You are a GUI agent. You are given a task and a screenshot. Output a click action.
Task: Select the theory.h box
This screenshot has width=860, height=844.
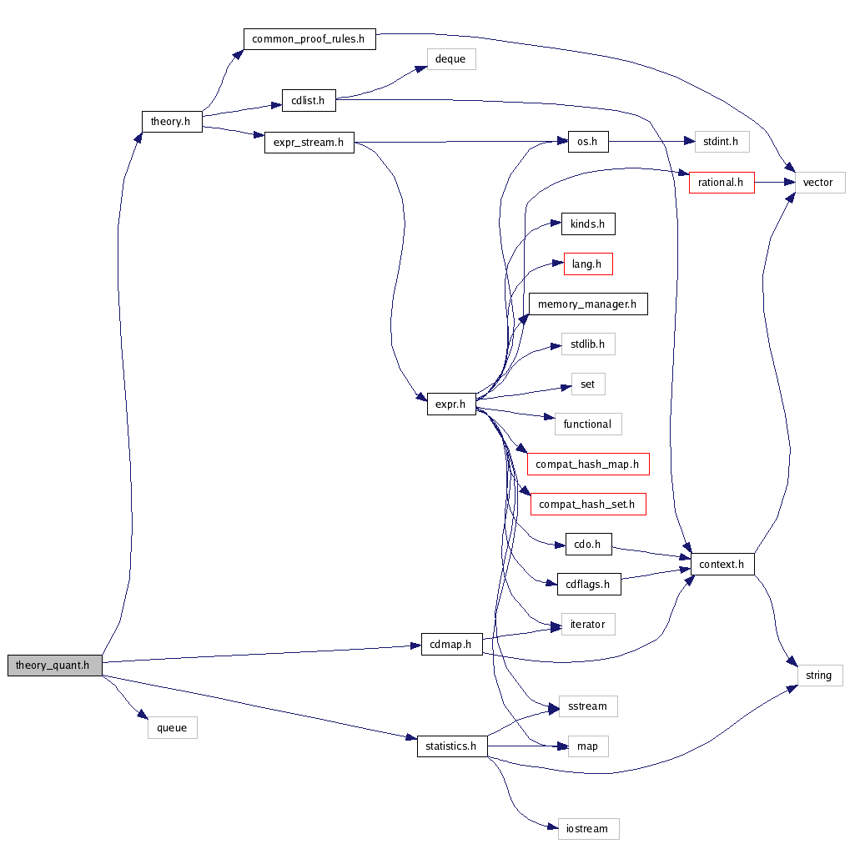click(x=172, y=122)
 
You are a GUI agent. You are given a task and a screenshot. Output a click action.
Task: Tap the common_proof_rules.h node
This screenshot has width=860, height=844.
click(x=309, y=39)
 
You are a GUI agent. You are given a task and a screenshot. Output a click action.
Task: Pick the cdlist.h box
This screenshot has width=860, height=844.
click(x=308, y=100)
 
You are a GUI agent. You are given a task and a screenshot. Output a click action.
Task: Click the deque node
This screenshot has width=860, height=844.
click(x=450, y=59)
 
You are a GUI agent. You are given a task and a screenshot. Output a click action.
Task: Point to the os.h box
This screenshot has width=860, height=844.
click(x=587, y=142)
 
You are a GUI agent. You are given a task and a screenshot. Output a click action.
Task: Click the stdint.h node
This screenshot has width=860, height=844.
click(x=722, y=142)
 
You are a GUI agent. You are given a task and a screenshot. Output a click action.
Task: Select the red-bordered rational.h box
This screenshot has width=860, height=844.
click(x=722, y=183)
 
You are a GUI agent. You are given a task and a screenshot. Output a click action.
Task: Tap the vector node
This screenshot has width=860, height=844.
click(x=817, y=183)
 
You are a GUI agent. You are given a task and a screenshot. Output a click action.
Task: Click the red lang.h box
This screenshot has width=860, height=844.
click(x=588, y=264)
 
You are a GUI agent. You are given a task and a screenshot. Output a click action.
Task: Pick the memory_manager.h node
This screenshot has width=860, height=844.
click(x=588, y=304)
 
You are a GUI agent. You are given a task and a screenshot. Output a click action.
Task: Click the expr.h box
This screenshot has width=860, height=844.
click(x=451, y=404)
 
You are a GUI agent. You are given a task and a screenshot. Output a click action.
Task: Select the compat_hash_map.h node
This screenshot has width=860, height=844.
click(x=588, y=465)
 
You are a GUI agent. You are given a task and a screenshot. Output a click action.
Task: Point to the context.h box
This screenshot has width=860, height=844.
click(x=722, y=565)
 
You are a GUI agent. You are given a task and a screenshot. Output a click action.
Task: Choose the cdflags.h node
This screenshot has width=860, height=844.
click(x=588, y=585)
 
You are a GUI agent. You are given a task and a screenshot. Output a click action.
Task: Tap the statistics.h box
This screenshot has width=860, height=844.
click(x=451, y=746)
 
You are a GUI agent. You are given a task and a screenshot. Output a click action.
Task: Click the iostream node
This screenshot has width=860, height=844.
click(x=587, y=828)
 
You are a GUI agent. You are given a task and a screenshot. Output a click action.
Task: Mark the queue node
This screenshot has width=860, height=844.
click(x=173, y=728)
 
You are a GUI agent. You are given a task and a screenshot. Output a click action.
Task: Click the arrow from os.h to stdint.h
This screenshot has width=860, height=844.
click(x=651, y=142)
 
